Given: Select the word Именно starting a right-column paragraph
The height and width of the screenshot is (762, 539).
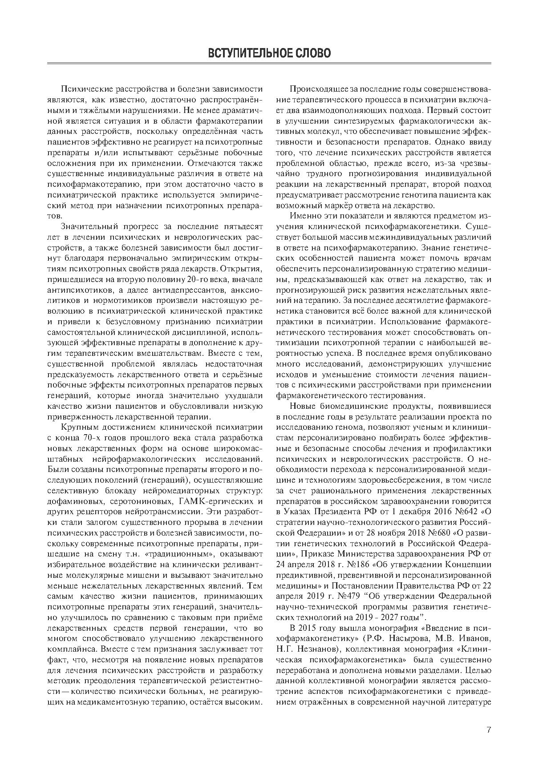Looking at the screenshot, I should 302,216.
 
